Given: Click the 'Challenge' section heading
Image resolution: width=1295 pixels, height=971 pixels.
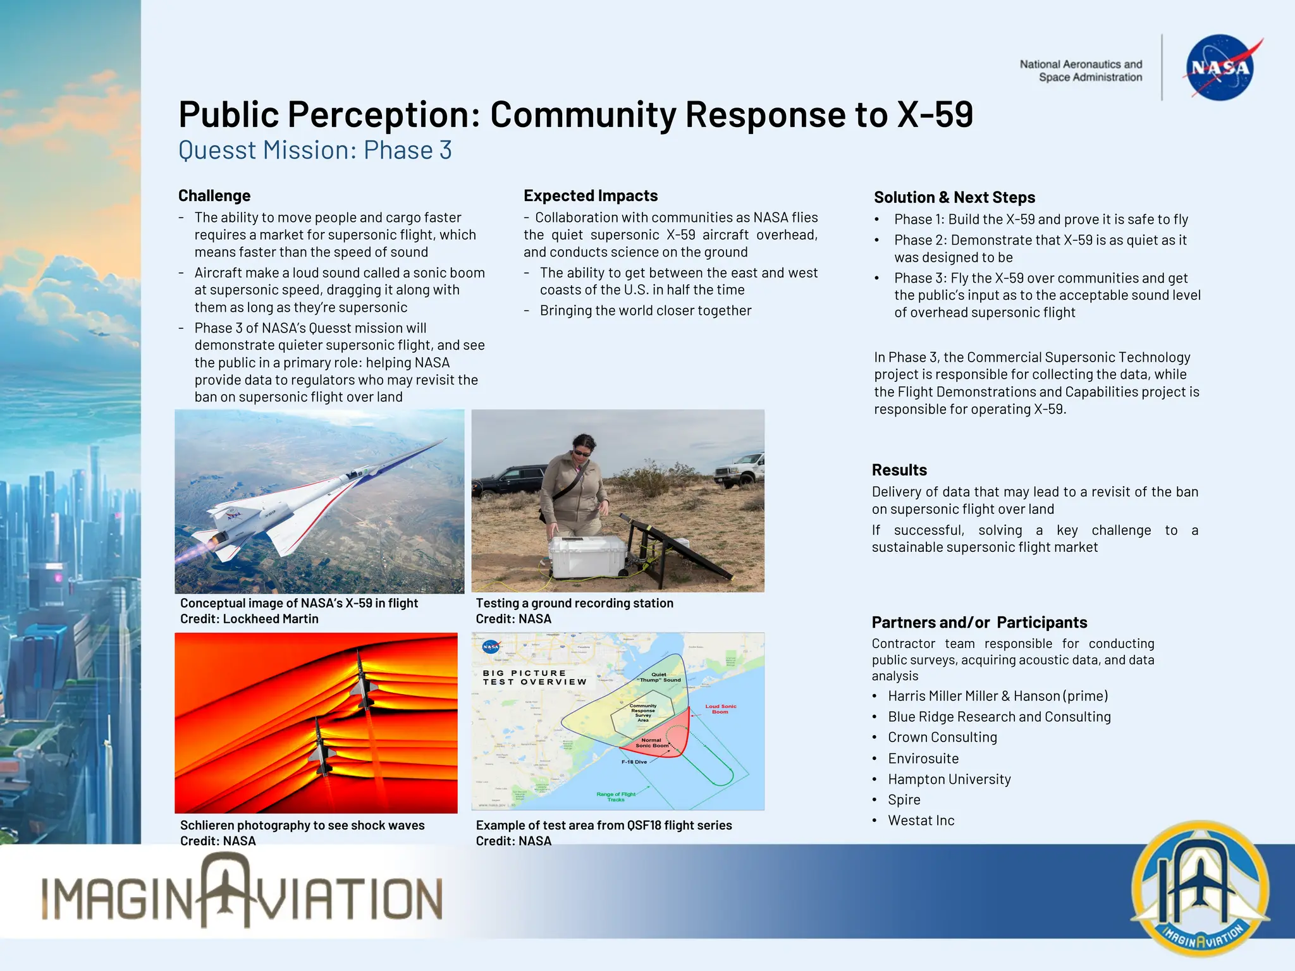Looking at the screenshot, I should coord(214,196).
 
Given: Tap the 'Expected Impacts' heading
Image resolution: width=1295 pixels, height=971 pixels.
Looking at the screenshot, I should coord(591,196).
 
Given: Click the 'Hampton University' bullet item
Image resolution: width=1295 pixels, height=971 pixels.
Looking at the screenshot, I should coord(949,779).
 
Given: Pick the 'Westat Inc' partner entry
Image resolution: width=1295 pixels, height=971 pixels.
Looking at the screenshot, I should coord(921,821).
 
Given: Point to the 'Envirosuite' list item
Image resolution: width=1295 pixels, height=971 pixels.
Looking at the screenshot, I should coord(923,759).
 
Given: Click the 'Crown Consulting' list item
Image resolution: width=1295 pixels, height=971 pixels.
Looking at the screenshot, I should coord(942,738).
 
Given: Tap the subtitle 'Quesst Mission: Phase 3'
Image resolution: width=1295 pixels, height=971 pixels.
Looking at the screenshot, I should coord(315,150).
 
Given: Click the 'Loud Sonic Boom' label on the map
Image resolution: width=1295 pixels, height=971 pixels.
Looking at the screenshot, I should coord(720,709).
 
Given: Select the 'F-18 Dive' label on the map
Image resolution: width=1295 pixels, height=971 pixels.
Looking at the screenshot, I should coord(634,762).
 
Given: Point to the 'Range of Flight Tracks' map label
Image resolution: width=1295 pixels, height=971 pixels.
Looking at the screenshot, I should coord(616,797).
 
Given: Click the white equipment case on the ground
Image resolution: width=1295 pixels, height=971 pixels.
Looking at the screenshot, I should coord(588,556).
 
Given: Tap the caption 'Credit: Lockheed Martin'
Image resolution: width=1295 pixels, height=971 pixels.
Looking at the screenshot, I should coord(249,620).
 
